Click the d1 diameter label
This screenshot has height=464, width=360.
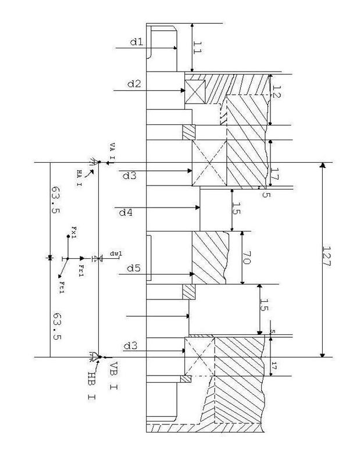pyautogui.click(x=136, y=42)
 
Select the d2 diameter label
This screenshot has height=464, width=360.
pyautogui.click(x=134, y=84)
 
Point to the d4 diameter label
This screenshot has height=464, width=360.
pyautogui.click(x=126, y=213)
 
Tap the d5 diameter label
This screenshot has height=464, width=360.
pyautogui.click(x=134, y=268)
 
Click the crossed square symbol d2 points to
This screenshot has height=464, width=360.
pyautogui.click(x=194, y=91)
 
